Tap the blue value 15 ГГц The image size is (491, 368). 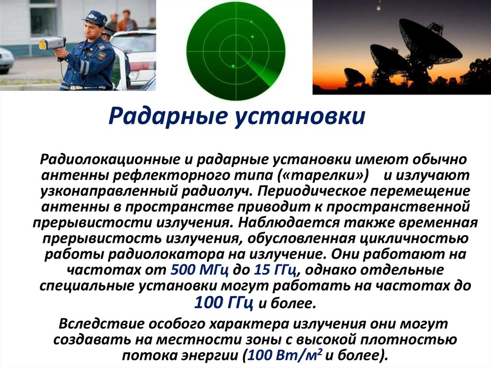point(273,271)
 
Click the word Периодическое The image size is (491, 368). point(307,191)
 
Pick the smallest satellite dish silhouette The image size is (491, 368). point(355,75)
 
